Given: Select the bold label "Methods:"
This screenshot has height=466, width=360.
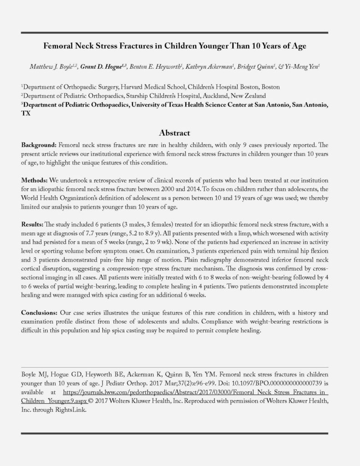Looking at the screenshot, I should tap(36, 181).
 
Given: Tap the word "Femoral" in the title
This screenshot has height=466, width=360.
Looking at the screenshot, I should tap(60, 46).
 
